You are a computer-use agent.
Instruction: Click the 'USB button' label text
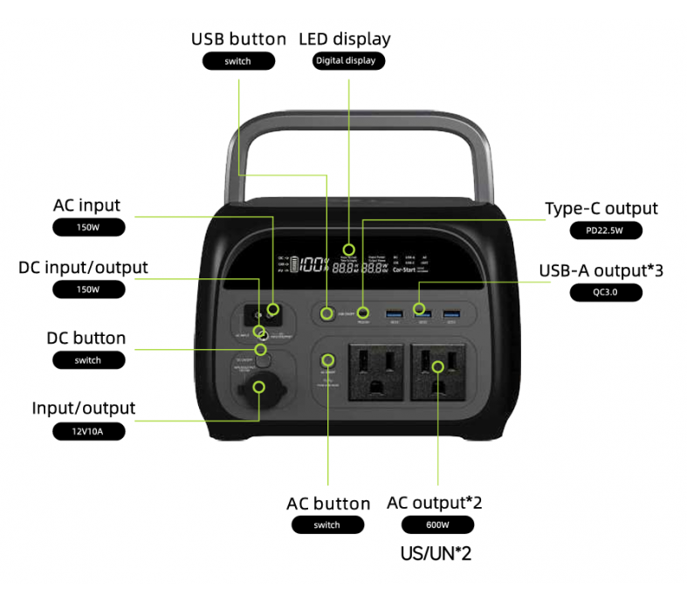click(238, 39)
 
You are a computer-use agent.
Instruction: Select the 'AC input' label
click(87, 206)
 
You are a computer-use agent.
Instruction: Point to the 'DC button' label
click(86, 338)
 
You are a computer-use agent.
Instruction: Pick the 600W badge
click(437, 525)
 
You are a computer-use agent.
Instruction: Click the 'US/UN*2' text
click(436, 553)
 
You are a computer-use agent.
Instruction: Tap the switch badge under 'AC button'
click(326, 525)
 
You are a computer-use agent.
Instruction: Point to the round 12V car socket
click(259, 389)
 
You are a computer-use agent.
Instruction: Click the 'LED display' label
click(345, 39)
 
